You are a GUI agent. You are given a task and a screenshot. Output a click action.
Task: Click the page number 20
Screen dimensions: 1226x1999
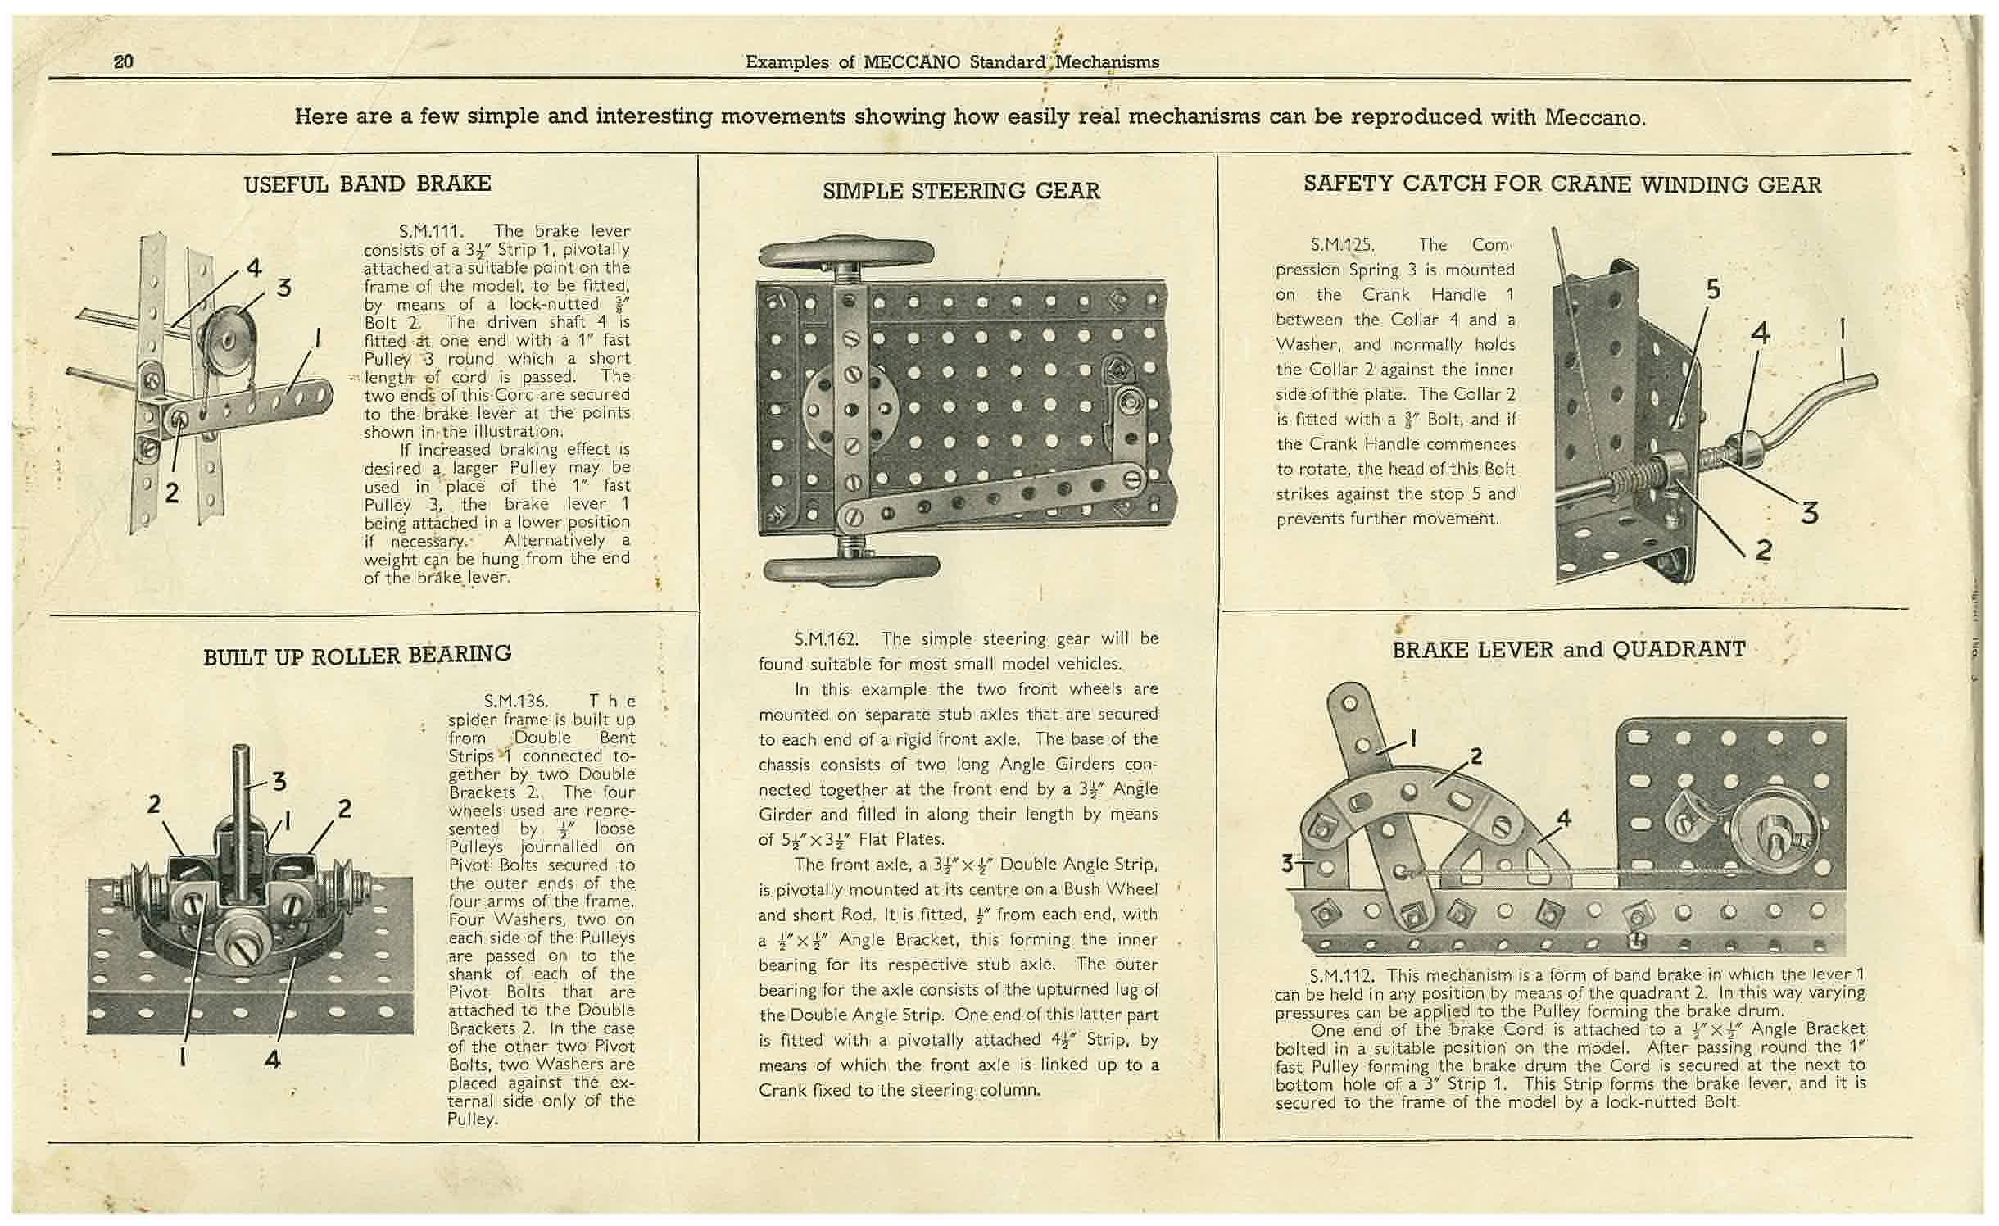coord(124,61)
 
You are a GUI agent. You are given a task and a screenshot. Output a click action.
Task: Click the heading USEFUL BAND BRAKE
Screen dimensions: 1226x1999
coord(367,184)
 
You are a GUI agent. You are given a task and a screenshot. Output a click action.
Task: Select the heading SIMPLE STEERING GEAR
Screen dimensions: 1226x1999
coord(960,191)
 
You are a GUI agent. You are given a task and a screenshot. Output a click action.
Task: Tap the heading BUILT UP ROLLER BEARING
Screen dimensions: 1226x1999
coord(357,654)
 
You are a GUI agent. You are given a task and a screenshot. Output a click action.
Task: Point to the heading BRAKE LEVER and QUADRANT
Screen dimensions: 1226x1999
coord(1568,650)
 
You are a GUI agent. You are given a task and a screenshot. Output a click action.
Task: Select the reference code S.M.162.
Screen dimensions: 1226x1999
coord(827,638)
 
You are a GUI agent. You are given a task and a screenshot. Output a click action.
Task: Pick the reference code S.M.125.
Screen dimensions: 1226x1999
coord(1342,244)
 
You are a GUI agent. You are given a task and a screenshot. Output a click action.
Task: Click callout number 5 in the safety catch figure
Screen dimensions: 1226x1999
coord(1713,290)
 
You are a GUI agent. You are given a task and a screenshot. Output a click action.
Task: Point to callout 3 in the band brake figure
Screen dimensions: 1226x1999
coord(283,288)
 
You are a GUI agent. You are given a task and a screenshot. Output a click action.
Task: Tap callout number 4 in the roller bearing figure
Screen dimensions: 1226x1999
coord(273,1059)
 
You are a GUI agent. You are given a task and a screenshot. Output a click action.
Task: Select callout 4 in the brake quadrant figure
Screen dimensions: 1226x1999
coord(1563,817)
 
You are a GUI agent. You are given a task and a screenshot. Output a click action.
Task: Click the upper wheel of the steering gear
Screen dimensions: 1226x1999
coord(846,252)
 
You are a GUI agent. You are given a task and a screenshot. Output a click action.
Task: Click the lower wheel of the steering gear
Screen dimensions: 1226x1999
coord(852,569)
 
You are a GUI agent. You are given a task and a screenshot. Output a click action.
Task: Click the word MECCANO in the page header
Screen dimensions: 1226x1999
coord(912,62)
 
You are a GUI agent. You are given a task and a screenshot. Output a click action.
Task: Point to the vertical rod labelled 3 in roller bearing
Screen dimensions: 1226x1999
coord(242,811)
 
